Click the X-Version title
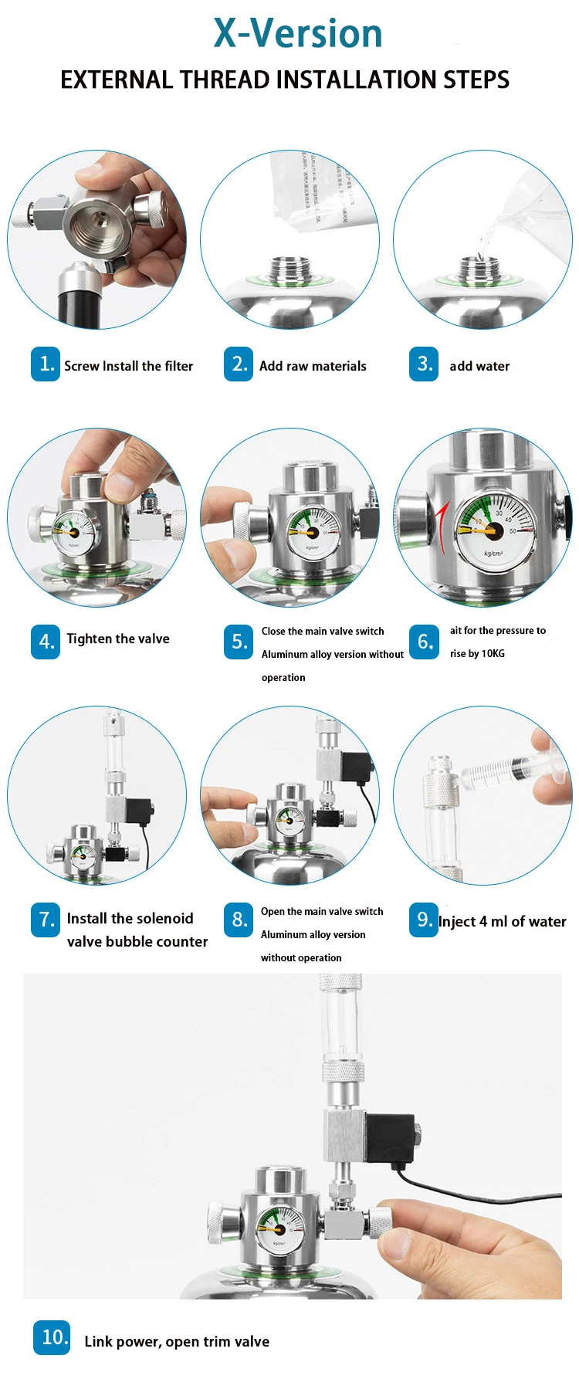(298, 34)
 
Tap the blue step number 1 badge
(46, 364)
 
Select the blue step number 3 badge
(424, 364)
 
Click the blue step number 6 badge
(424, 642)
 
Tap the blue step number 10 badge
(52, 1337)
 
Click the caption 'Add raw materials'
(313, 366)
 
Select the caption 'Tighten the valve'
(118, 639)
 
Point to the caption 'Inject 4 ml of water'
(502, 921)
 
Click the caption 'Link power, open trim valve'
(177, 1341)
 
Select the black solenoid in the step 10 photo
(390, 1137)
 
